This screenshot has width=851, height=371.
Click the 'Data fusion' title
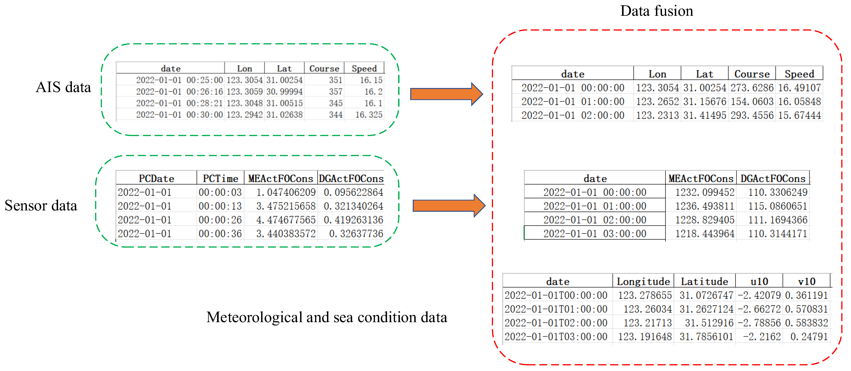tap(656, 11)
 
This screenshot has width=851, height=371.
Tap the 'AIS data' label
tap(63, 87)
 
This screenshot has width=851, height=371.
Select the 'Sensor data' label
tap(41, 206)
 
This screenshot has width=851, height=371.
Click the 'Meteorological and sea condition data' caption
tap(326, 317)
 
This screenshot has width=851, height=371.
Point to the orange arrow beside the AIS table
tap(446, 94)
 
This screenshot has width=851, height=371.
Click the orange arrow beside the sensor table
tap(449, 206)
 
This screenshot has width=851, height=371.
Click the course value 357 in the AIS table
tap(335, 92)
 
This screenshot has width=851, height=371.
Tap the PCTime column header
tap(220, 178)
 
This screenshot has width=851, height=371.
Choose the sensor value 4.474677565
tap(286, 220)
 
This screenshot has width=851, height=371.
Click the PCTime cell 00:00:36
tap(220, 234)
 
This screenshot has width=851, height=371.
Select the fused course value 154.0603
tap(752, 102)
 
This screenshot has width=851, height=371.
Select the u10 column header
tap(759, 281)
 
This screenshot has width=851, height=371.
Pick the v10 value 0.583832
tap(806, 323)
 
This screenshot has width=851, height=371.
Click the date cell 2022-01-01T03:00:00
tap(556, 337)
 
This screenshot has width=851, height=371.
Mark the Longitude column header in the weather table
tap(643, 281)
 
